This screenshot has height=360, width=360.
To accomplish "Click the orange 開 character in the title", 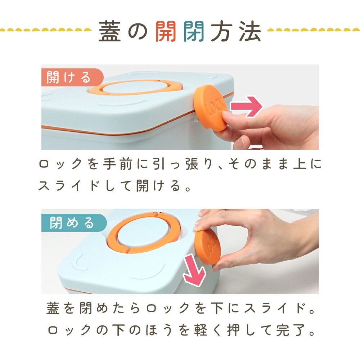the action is (166, 31).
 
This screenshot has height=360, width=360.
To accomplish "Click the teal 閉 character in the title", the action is (194, 31).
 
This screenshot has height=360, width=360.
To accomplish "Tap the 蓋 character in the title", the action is (110, 31).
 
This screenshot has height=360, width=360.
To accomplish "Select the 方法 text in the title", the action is (236, 31).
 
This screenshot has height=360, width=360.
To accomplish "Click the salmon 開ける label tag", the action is (72, 77).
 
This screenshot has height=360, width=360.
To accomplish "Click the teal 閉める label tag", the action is (74, 223).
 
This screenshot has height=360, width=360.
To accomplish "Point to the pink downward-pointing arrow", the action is (194, 271).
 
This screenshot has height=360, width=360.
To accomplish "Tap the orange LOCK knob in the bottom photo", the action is (207, 247).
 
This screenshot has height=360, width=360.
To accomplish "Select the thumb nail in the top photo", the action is (240, 141).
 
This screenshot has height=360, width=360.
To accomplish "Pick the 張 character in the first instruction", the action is (192, 164).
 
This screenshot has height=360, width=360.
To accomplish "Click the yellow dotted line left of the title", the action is (46, 30).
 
